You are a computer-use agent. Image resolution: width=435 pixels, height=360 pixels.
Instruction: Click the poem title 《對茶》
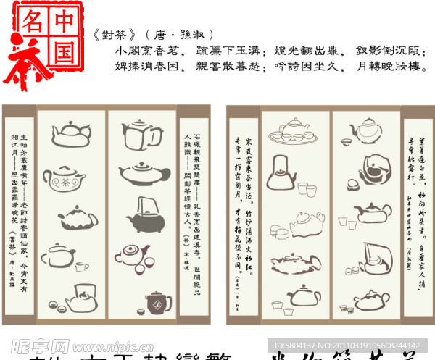pyautogui.click(x=117, y=35)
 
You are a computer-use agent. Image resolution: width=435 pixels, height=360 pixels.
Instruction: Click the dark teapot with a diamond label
pyautogui.click(x=158, y=304)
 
